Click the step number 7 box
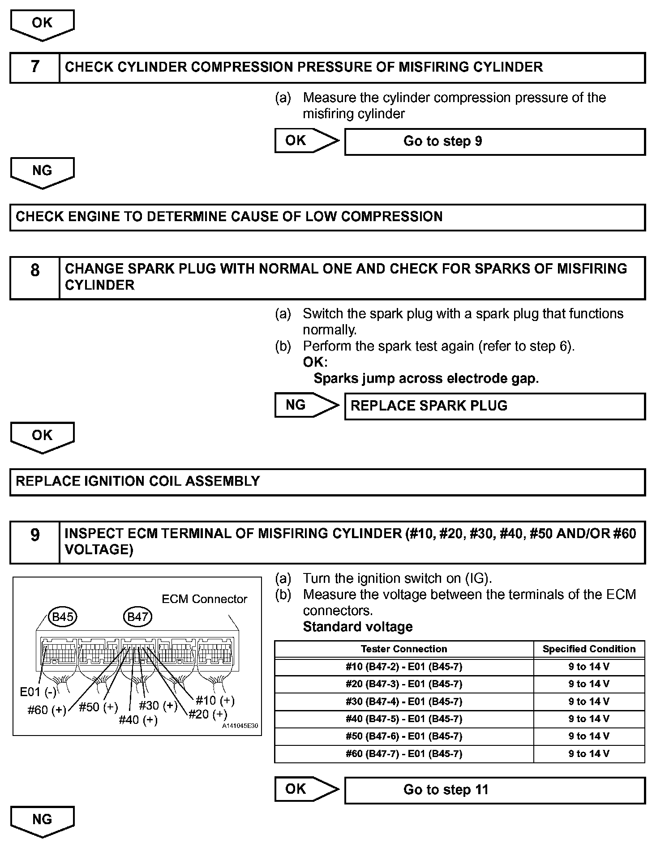[34, 68]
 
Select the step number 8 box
[34, 278]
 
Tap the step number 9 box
[34, 542]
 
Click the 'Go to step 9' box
[494, 141]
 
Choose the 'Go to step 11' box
[494, 790]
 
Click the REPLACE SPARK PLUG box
[494, 406]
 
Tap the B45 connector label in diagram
[63, 617]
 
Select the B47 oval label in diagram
[137, 617]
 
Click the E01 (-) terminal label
[38, 692]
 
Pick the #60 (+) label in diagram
[47, 710]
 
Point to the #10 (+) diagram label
[215, 700]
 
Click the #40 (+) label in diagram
[138, 720]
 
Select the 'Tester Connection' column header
[403, 649]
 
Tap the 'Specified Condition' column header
[589, 649]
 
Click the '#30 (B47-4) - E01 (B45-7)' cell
[403, 702]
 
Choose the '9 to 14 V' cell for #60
[589, 754]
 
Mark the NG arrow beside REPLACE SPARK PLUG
[306, 405]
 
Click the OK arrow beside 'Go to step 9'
[306, 141]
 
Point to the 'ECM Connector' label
[204, 599]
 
